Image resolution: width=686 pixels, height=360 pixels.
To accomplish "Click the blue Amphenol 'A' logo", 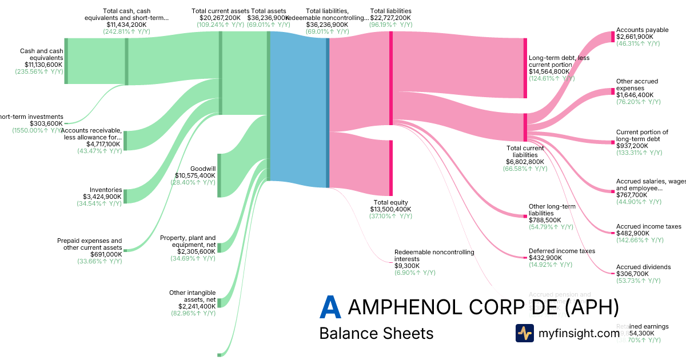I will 330,307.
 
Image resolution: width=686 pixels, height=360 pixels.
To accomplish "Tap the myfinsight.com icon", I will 525,333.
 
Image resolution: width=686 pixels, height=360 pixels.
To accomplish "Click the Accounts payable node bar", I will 613,37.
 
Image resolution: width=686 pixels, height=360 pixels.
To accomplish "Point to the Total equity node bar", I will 391,168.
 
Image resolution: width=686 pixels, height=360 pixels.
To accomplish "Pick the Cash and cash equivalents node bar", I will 66,61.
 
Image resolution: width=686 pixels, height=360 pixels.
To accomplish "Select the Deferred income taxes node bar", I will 525,258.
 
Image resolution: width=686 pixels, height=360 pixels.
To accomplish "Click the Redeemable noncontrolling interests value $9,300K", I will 407,266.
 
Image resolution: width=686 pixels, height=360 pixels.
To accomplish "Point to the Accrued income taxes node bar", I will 613,233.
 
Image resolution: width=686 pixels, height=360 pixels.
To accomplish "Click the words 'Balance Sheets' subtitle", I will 376,333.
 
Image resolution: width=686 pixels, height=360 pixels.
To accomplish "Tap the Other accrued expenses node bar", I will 613,92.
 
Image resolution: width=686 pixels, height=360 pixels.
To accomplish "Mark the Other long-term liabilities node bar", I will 525,216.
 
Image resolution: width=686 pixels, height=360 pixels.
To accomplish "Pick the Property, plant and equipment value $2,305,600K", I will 197,251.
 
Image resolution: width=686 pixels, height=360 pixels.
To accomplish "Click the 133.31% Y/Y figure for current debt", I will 639,153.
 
